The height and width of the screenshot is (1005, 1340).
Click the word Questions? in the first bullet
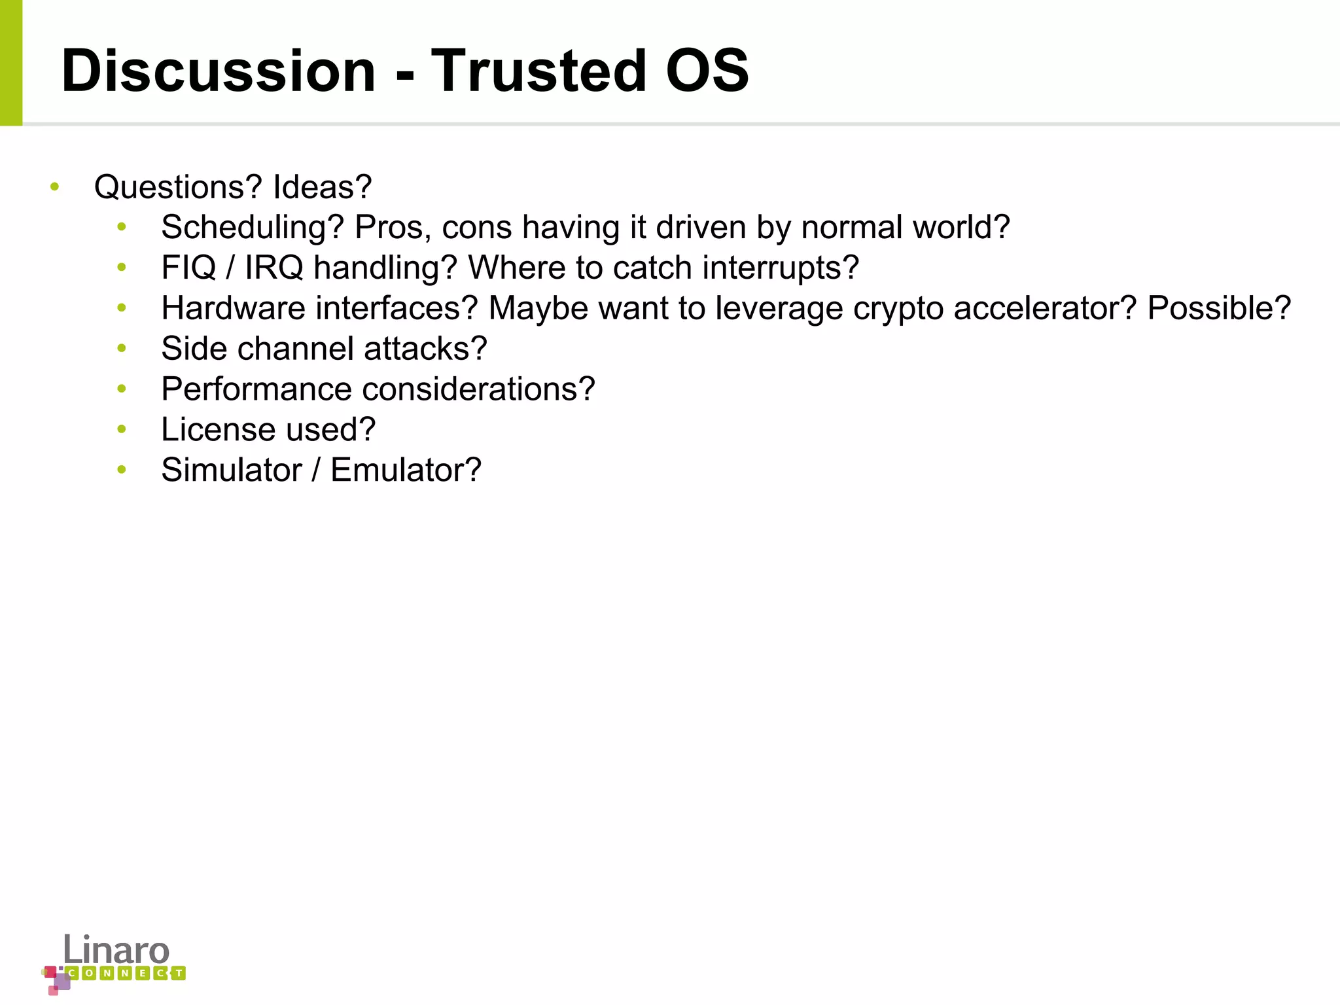click(x=178, y=188)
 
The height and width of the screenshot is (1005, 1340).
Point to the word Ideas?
click(x=323, y=188)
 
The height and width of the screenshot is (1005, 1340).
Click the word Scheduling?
click(x=253, y=228)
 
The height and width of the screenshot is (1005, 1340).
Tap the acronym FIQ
click(x=188, y=268)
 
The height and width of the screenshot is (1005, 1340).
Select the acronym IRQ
click(x=273, y=268)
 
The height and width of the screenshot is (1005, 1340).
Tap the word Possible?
click(x=1219, y=308)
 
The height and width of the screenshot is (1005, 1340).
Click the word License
click(x=219, y=430)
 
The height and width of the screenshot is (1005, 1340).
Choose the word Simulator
click(x=232, y=470)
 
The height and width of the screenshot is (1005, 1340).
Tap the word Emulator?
click(x=406, y=470)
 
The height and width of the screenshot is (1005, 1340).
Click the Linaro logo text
click(x=116, y=950)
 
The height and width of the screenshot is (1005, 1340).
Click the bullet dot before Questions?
click(x=55, y=187)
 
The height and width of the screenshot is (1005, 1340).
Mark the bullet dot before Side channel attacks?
click(x=122, y=349)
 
